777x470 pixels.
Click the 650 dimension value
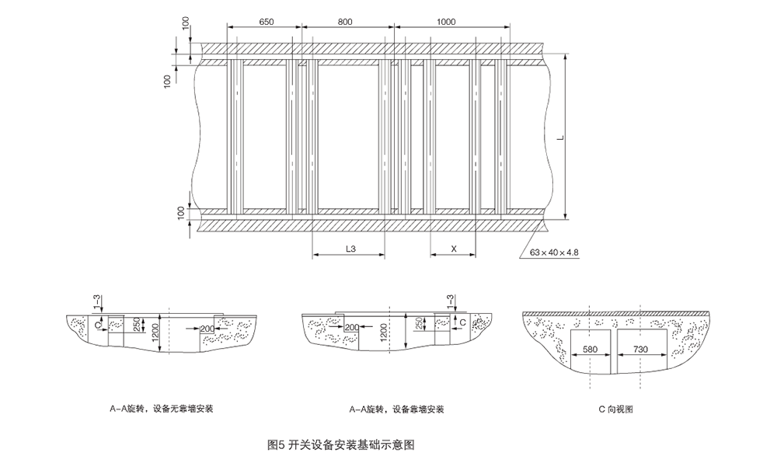tap(266, 23)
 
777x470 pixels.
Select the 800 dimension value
tap(345, 23)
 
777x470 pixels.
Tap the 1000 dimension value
tap(446, 23)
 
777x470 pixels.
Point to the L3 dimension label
tap(350, 249)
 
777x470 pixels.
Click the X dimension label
tap(453, 249)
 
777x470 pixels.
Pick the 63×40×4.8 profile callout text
tap(555, 252)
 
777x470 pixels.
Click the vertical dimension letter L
tap(559, 138)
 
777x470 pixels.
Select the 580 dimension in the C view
tap(591, 350)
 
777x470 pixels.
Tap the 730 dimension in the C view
tap(641, 350)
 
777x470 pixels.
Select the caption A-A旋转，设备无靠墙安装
tap(163, 409)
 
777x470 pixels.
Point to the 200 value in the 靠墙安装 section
tap(351, 328)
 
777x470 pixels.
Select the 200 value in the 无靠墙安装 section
tap(207, 329)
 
